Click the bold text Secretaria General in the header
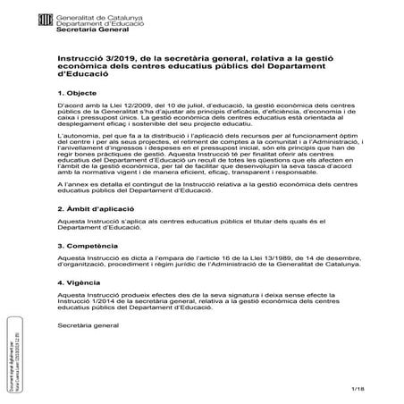tap(87, 29)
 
